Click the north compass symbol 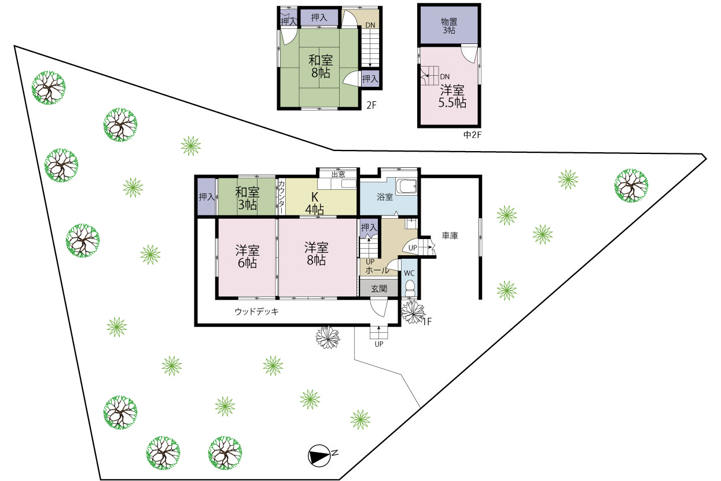[x=319, y=456]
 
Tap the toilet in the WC [x=410, y=288]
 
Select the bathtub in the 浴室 [x=407, y=186]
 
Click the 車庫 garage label [x=450, y=236]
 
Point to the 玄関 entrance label [x=379, y=288]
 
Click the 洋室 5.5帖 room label [x=453, y=96]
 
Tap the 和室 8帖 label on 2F [x=321, y=67]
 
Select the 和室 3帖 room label [x=247, y=199]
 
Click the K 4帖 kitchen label [x=314, y=204]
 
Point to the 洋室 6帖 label [x=247, y=256]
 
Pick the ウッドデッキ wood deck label [x=256, y=311]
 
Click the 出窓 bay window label [x=338, y=174]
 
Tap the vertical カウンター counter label [x=281, y=197]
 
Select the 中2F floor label [x=472, y=135]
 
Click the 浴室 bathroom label [x=385, y=197]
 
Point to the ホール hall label [x=377, y=270]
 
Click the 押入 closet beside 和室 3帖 [x=207, y=197]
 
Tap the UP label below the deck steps [x=379, y=344]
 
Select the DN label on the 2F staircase [x=370, y=25]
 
